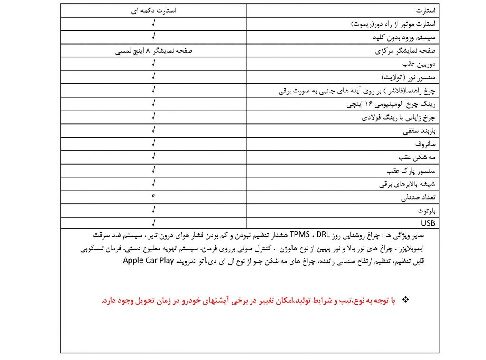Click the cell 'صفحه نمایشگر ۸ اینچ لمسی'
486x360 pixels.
pos(153,50)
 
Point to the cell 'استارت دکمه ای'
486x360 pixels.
pos(153,10)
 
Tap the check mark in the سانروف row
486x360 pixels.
pos(153,143)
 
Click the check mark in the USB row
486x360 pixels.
pos(153,222)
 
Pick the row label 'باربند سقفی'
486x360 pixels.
pos(420,129)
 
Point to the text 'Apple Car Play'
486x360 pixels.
pos(148,260)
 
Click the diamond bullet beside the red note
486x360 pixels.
pos(405,300)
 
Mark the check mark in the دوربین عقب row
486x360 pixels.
pos(153,64)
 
